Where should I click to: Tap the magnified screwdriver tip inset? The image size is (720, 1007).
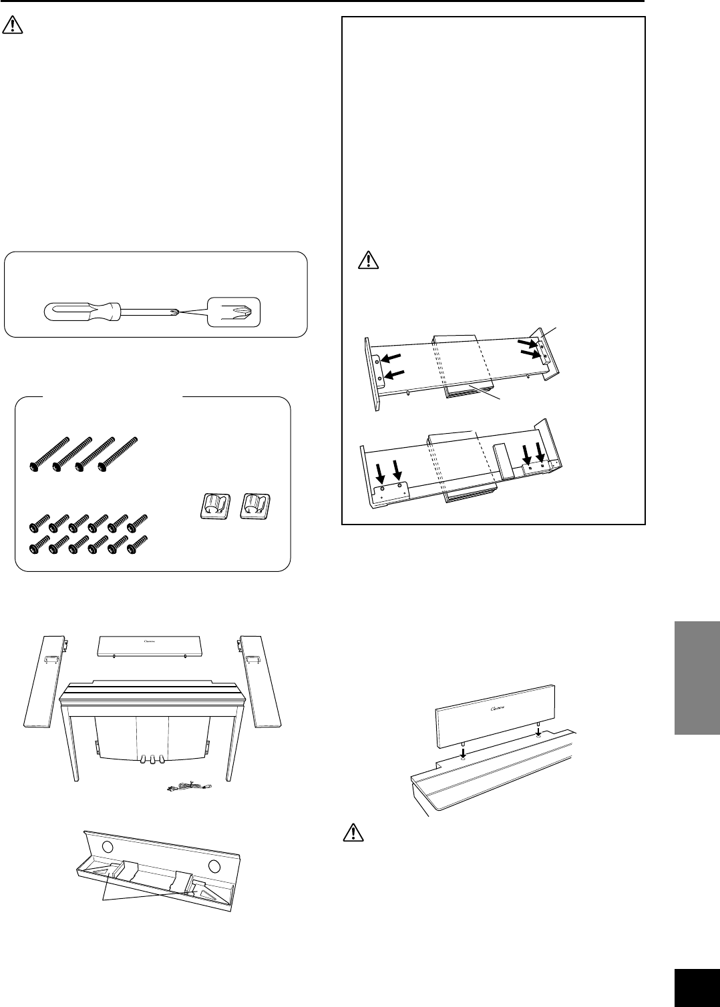[x=234, y=311]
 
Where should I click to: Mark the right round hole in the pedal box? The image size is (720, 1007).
[x=214, y=867]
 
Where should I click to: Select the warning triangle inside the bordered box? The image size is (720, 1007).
[x=367, y=260]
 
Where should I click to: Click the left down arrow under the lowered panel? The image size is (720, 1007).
[x=464, y=751]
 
